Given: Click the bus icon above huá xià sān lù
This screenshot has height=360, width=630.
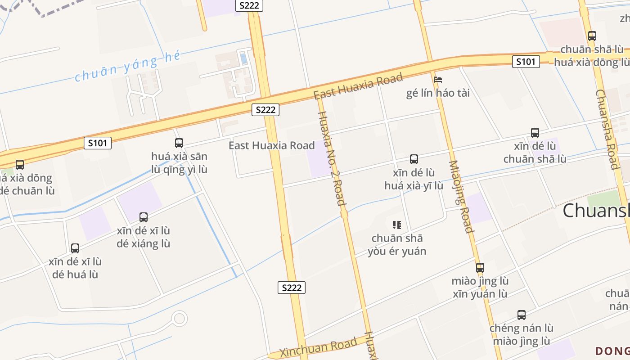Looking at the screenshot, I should point(179,143).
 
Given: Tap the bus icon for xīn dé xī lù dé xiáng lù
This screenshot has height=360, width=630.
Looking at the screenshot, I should point(144,217).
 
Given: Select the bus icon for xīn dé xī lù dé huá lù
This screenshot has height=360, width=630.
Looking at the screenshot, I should point(75,248).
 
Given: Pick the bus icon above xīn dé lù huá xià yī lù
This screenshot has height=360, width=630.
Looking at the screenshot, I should point(414,159).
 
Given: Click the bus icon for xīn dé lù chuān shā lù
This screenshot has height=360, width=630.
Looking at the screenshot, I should point(535,133).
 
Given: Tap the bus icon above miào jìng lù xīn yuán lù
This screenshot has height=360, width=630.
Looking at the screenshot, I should point(480,268).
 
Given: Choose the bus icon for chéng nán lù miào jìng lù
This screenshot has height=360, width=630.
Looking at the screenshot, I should point(522,315).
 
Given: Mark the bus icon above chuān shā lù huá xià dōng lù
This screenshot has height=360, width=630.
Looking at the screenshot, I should point(592,36).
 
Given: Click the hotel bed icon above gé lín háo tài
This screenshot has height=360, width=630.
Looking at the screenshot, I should point(437,80).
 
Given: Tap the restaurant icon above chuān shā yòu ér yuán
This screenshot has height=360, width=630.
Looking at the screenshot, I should point(396,225).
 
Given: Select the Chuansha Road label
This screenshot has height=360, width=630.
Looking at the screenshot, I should point(607,129).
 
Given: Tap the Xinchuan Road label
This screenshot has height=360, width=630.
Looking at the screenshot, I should point(318,347).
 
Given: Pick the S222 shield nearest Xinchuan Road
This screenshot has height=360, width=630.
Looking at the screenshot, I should point(291,288).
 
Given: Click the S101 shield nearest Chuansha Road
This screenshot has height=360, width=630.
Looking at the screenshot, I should point(526,61).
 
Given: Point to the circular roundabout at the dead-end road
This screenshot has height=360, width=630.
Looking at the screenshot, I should point(180,319).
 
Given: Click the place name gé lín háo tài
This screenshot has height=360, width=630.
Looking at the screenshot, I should point(438,93).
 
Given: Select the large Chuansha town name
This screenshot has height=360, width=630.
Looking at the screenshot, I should point(596,210).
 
